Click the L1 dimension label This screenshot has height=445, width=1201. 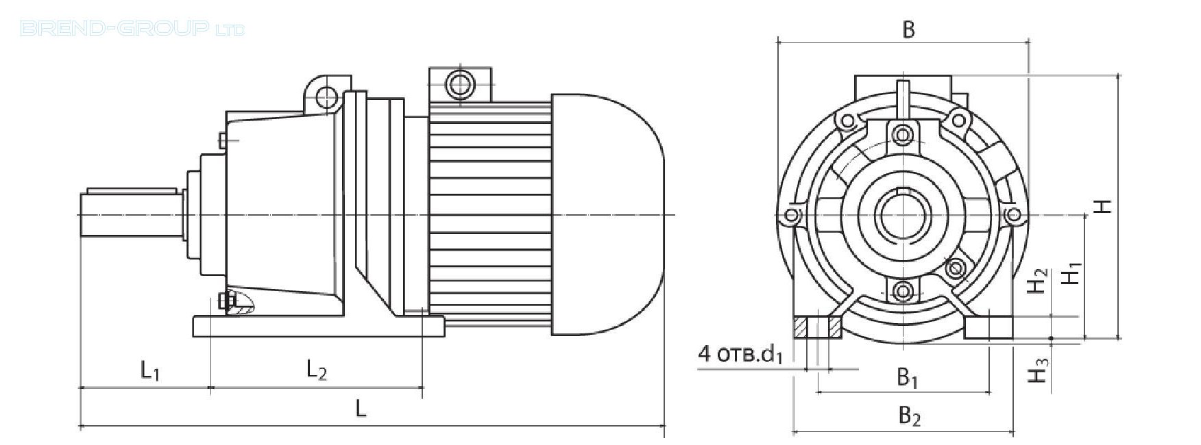click(x=151, y=371)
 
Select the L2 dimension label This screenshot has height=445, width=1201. click(x=316, y=371)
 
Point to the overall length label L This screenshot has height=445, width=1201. click(x=361, y=409)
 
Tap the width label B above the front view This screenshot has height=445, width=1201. click(x=908, y=29)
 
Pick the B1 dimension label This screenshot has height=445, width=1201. click(x=908, y=377)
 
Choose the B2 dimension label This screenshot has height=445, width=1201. click(x=909, y=416)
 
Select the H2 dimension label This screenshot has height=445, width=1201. click(x=1039, y=281)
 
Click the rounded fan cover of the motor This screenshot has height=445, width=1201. click(x=607, y=214)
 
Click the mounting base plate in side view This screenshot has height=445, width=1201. click(x=319, y=326)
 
